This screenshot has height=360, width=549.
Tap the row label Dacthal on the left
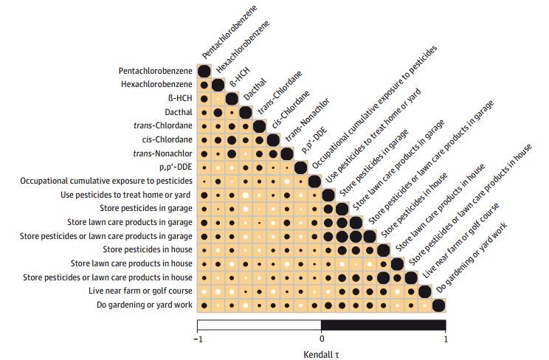click(x=179, y=112)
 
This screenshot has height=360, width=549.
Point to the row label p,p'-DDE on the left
click(x=176, y=167)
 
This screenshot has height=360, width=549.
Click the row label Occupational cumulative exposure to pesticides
click(x=106, y=181)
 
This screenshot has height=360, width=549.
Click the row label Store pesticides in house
click(x=148, y=250)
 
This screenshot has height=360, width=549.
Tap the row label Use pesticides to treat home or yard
click(x=126, y=195)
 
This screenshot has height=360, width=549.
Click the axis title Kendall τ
click(x=321, y=353)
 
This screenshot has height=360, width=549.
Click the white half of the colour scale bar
click(x=259, y=325)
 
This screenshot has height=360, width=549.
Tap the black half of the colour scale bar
click(x=383, y=325)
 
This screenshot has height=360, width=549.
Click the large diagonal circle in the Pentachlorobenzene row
click(x=204, y=71)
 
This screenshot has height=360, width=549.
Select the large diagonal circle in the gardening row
click(x=438, y=305)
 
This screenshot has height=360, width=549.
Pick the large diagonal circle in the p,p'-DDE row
click(x=300, y=167)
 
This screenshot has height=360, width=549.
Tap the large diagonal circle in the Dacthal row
click(x=245, y=112)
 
